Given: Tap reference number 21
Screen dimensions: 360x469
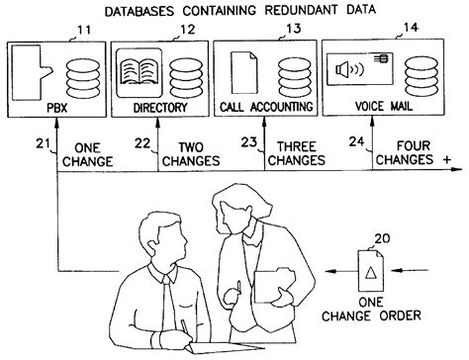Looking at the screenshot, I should tap(44, 144).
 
